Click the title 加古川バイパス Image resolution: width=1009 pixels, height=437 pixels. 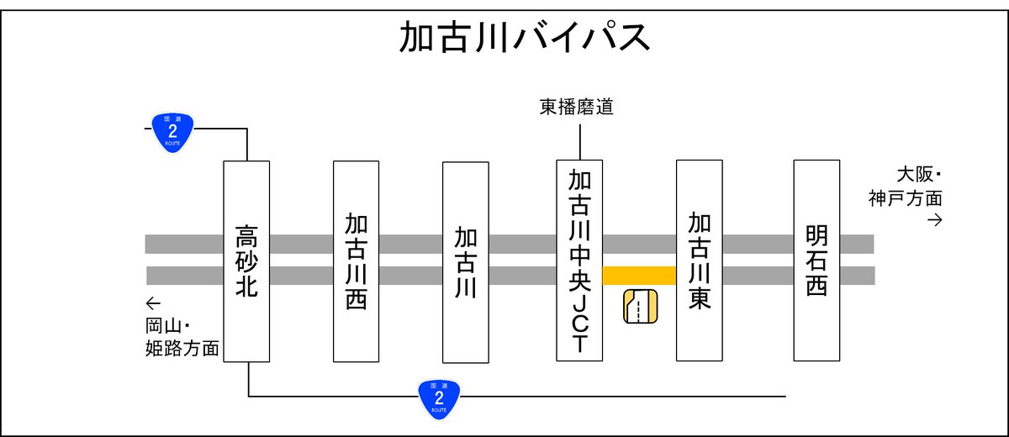pyautogui.click(x=524, y=39)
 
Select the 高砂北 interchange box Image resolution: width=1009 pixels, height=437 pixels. pyautogui.click(x=246, y=261)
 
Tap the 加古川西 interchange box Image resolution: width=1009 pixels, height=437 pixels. pyautogui.click(x=356, y=261)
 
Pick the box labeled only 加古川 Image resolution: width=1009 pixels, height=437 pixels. pyautogui.click(x=465, y=261)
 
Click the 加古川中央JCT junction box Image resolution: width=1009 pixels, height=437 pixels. pyautogui.click(x=579, y=261)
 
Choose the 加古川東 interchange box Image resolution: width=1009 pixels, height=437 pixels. pyautogui.click(x=699, y=261)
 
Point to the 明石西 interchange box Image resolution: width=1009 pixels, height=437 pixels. pyautogui.click(x=816, y=261)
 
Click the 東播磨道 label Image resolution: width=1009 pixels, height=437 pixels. pyautogui.click(x=577, y=107)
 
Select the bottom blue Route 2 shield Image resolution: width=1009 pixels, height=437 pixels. pyautogui.click(x=439, y=397)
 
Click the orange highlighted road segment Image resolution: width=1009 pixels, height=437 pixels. pyautogui.click(x=639, y=275)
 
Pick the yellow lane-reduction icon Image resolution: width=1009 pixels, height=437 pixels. pyautogui.click(x=639, y=307)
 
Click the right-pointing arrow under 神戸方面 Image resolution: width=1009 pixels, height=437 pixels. pyautogui.click(x=933, y=220)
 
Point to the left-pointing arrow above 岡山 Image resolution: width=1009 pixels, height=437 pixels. pyautogui.click(x=152, y=303)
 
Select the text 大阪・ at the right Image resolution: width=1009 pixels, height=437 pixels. pyautogui.click(x=918, y=175)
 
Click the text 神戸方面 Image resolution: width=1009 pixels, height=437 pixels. pyautogui.click(x=906, y=199)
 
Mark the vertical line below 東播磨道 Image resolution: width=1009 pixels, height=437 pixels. pyautogui.click(x=579, y=139)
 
